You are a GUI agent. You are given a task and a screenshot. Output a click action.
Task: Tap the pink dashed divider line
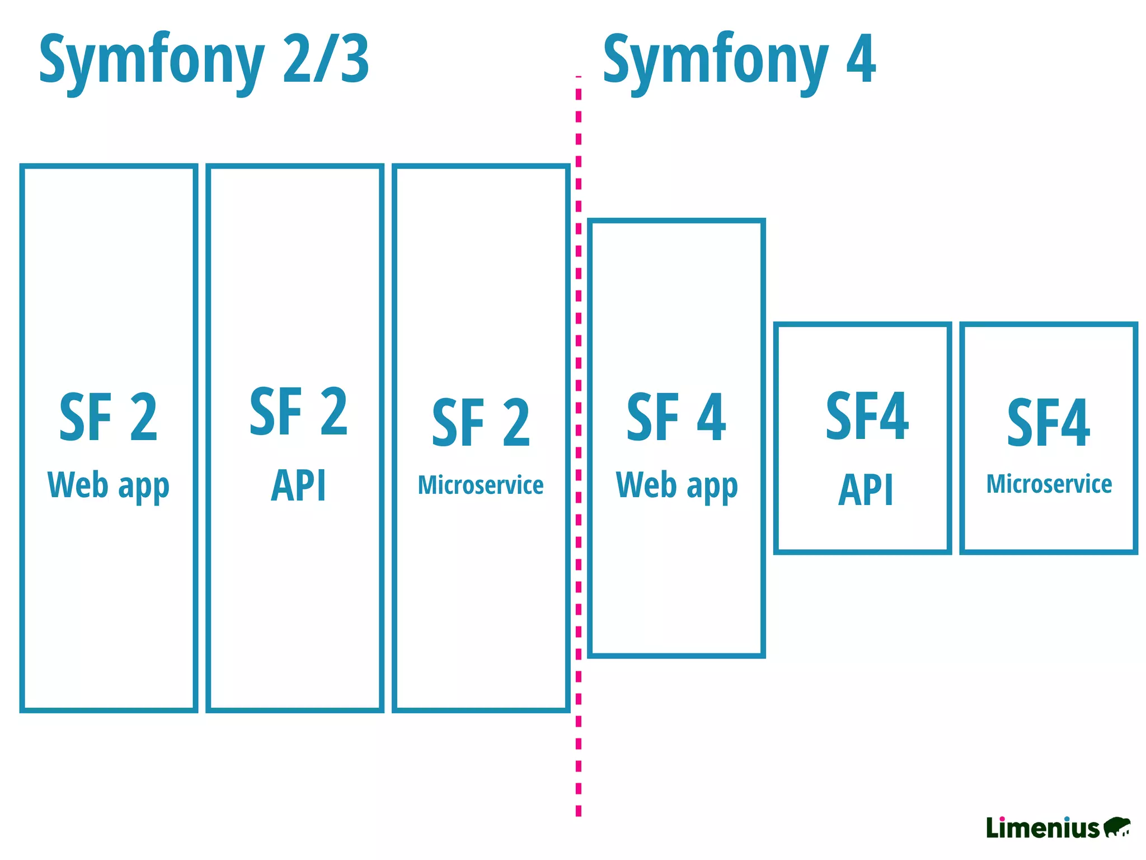[x=579, y=448]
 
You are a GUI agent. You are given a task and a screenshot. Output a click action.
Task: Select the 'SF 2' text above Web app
[x=109, y=417]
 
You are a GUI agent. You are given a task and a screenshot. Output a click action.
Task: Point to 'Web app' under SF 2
[x=109, y=485]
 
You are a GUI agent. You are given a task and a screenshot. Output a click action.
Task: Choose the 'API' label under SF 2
[x=298, y=485]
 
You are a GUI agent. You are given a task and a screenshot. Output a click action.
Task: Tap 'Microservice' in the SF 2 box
[x=481, y=485]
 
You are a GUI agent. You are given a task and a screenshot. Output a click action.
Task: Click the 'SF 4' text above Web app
[x=676, y=417]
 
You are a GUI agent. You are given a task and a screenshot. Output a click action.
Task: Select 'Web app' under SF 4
[x=677, y=485]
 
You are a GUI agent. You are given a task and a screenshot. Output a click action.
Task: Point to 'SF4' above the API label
[x=867, y=416]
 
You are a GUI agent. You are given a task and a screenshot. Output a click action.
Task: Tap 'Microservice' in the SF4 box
[x=1049, y=484]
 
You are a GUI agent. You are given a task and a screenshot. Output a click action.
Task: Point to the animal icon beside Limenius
[x=1116, y=826]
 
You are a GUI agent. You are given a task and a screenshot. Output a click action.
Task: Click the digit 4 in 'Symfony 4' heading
[x=861, y=59]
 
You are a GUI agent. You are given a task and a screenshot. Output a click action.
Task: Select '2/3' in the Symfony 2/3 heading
[x=326, y=59]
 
